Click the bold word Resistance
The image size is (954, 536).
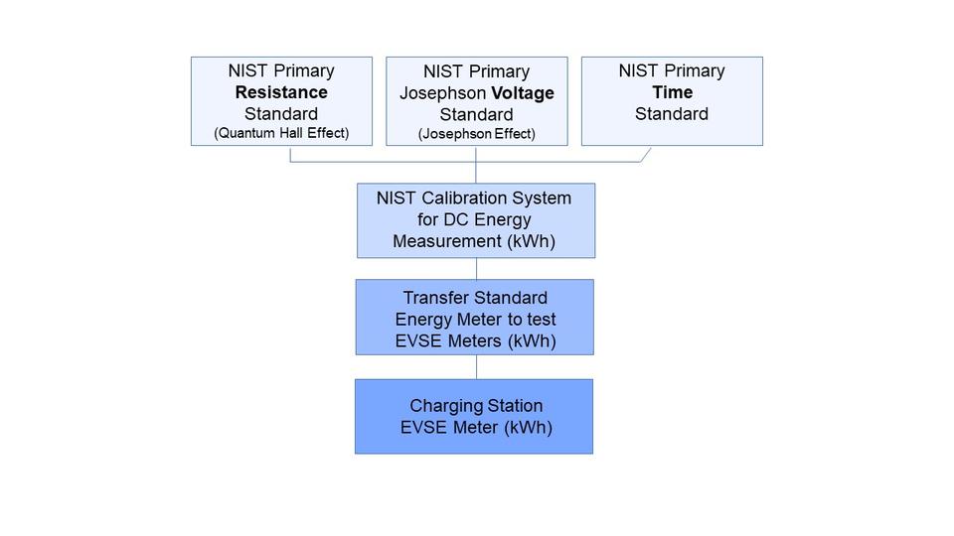pos(281,92)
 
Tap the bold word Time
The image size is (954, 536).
pos(672,92)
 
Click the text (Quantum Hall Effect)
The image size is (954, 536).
pos(281,133)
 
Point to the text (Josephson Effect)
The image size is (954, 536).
pos(476,134)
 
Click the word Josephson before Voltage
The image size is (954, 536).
pos(441,93)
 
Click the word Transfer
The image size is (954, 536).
pos(435,298)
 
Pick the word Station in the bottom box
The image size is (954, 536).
pos(514,406)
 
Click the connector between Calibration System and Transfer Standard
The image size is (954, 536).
pos(476,268)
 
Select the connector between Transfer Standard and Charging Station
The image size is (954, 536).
pos(476,366)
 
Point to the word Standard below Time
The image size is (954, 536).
pos(672,113)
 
